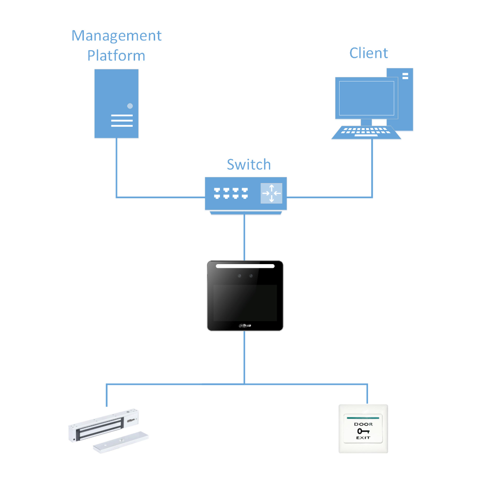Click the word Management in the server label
point(116,36)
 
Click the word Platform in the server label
point(116,56)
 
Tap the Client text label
point(368,53)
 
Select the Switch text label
point(248,164)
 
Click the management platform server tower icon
point(116,103)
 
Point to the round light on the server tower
point(130,106)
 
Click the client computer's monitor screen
point(366,98)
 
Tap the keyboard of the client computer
point(366,132)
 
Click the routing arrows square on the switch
point(271,193)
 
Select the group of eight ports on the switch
point(230,193)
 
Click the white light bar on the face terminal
point(245,266)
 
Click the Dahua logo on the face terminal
point(245,325)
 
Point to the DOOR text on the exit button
point(363,424)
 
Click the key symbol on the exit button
point(363,431)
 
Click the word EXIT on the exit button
point(363,438)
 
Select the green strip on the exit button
point(363,418)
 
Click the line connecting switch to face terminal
point(244,238)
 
